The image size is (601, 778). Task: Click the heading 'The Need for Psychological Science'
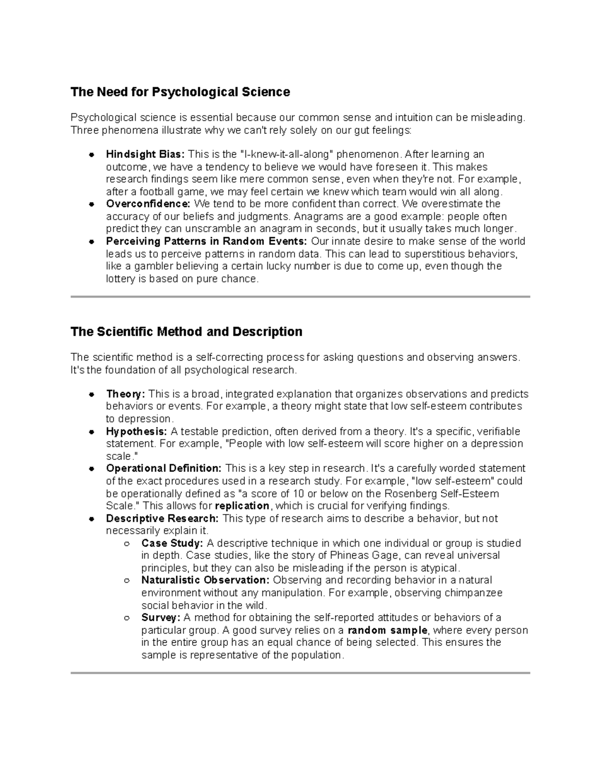[180, 92]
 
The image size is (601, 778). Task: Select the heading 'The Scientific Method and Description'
[186, 332]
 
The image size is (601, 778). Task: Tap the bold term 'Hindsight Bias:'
[145, 154]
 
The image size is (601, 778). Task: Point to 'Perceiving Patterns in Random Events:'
[203, 241]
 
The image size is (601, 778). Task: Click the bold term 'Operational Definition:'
[164, 468]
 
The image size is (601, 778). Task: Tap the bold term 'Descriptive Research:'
[162, 518]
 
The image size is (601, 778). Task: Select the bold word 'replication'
[242, 505]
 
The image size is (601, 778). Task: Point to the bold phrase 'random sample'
[388, 630]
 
